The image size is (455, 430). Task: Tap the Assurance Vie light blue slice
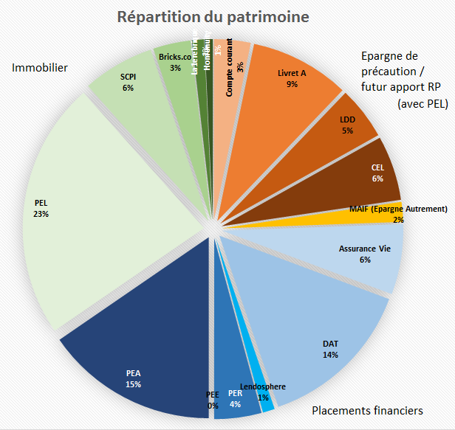(355, 254)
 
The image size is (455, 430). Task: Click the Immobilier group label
(40, 68)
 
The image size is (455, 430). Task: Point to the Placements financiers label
(367, 410)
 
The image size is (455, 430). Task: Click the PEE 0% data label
(213, 400)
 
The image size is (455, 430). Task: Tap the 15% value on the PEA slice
(133, 384)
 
